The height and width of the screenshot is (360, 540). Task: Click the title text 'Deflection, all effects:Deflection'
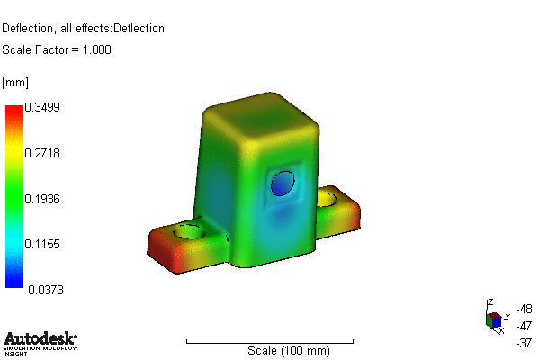(83, 28)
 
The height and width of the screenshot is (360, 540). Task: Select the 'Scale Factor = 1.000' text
(57, 49)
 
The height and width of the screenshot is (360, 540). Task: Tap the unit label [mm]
(15, 83)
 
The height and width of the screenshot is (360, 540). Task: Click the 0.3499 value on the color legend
(43, 107)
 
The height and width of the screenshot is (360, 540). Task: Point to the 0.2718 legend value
(43, 154)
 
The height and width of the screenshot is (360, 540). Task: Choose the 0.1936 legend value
(43, 199)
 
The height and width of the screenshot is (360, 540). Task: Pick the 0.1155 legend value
(43, 244)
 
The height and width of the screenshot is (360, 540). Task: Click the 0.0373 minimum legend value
(43, 290)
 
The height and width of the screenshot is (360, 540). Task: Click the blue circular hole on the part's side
(283, 183)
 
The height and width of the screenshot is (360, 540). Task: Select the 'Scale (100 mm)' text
(282, 350)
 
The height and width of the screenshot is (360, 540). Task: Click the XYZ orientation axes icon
(493, 318)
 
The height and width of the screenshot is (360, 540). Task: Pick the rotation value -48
(526, 308)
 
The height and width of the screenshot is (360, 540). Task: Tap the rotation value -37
(526, 342)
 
